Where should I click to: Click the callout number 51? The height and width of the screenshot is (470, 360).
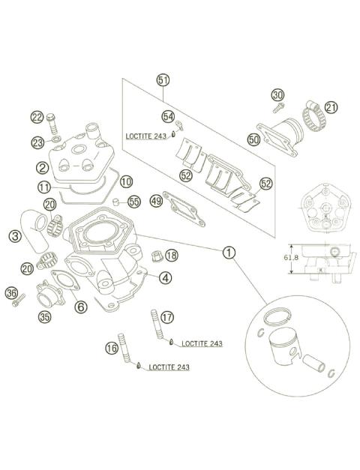coord(163,79)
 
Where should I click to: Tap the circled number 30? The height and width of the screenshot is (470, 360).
coord(278,95)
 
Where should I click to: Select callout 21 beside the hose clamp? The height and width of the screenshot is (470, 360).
coord(331,108)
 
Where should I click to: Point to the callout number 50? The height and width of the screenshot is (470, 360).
coord(253,139)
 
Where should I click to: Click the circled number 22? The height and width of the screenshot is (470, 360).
coord(37,116)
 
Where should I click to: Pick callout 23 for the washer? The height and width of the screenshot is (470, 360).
coord(37,142)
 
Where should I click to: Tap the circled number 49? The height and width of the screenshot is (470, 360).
coord(156,201)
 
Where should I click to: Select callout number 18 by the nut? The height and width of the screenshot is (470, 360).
coord(171,256)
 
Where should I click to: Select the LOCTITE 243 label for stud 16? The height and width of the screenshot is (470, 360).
coord(169,367)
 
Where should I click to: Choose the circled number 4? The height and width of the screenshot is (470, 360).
coord(163,278)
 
